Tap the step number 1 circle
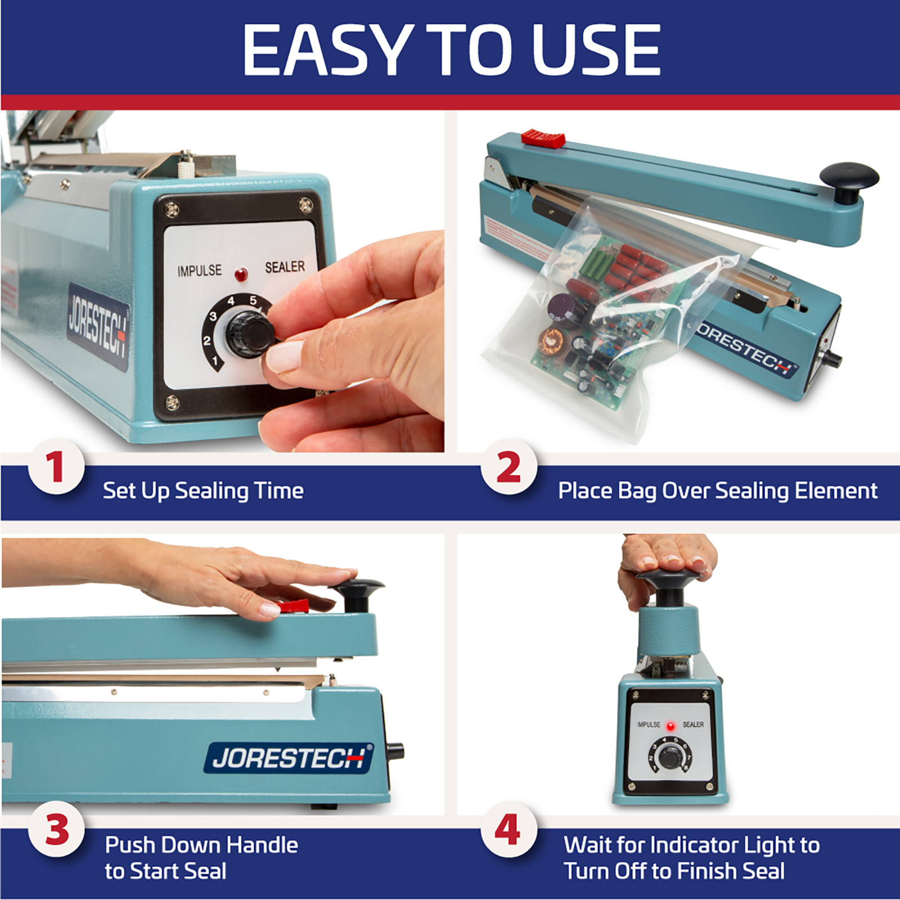point(56,467)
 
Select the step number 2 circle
point(508,467)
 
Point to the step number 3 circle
point(56,829)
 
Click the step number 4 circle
point(507,829)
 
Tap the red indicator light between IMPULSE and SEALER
point(241,275)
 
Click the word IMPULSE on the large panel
point(199,271)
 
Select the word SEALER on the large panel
point(285,267)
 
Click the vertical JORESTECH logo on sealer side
point(98,327)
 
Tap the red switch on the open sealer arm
point(542,138)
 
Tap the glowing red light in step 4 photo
point(670,726)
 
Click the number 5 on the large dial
point(253,300)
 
